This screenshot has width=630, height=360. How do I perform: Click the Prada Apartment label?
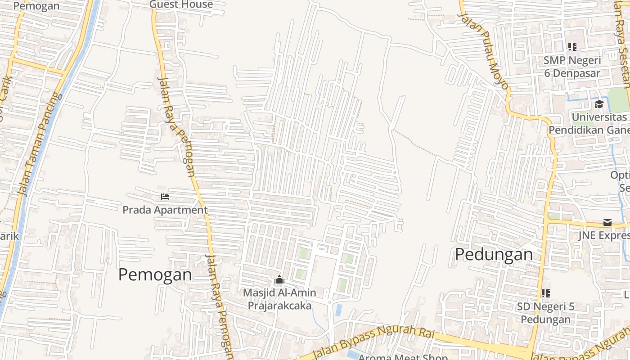[x=165, y=210]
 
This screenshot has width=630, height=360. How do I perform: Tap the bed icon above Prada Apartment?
[x=165, y=197]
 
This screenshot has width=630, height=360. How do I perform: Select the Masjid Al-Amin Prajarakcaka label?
[x=279, y=299]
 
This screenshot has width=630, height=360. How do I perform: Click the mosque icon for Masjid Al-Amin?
[x=279, y=280]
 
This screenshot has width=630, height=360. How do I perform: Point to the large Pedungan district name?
[x=494, y=255]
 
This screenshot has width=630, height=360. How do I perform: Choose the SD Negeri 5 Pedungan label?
[x=545, y=313]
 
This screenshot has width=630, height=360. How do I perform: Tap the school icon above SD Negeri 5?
[x=545, y=293]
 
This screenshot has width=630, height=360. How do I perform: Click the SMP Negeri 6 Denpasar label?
[x=572, y=67]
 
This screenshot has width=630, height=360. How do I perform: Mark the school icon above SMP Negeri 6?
[x=572, y=46]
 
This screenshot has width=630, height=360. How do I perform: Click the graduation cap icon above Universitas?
[x=598, y=104]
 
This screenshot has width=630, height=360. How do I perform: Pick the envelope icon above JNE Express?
[x=607, y=222]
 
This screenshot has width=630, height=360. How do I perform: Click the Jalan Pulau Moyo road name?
[x=482, y=50]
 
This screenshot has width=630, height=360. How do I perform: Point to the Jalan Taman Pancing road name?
[x=39, y=144]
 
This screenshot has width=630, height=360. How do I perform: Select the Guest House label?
[x=181, y=4]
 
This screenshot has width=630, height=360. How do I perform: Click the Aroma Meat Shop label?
[x=403, y=356]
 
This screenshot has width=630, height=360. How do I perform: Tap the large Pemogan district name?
[x=155, y=274]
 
